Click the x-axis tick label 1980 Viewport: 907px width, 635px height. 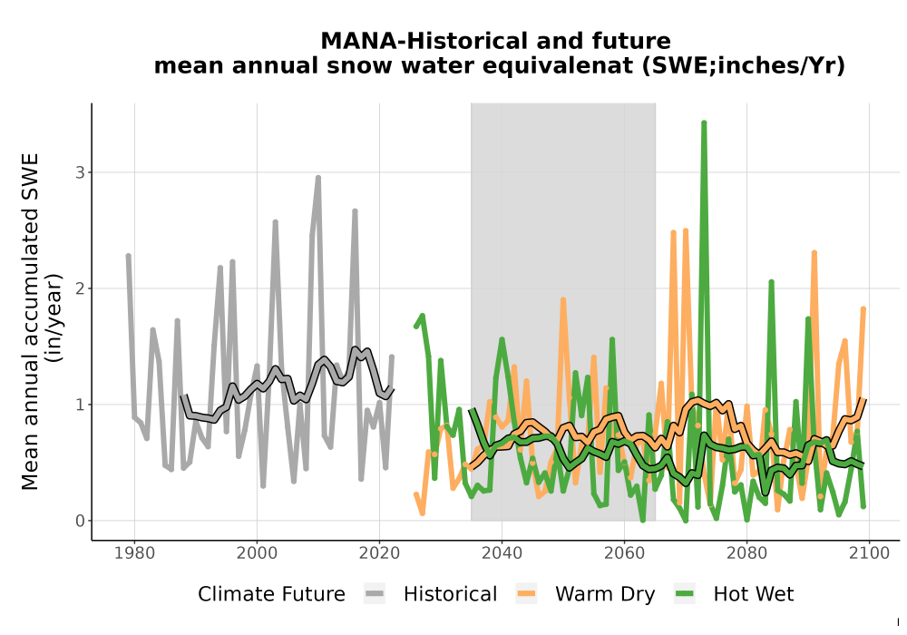coord(134,553)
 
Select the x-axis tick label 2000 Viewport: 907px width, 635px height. coord(257,553)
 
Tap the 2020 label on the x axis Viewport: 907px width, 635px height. coord(379,553)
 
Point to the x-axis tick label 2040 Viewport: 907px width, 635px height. coord(502,553)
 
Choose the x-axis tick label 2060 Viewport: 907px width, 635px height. coord(624,553)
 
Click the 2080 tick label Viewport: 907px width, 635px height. coord(746,553)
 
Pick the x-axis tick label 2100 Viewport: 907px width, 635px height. coord(869,553)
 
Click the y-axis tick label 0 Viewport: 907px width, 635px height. coord(80,521)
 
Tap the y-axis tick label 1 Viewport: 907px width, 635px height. coord(80,405)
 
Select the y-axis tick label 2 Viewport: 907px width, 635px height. coord(80,288)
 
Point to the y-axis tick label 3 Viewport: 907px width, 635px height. coord(80,172)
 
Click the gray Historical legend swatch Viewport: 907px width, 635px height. coord(375,594)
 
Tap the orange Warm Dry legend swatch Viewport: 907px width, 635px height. coord(526,594)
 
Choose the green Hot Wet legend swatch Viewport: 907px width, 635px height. coord(685,594)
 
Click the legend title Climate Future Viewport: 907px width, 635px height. coord(271,594)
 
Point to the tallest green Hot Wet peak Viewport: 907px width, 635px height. coord(704,123)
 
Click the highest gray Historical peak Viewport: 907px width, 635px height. coord(318,178)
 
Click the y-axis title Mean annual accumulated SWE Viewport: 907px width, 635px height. coord(30,321)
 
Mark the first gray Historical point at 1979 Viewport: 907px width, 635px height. coord(129,256)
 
